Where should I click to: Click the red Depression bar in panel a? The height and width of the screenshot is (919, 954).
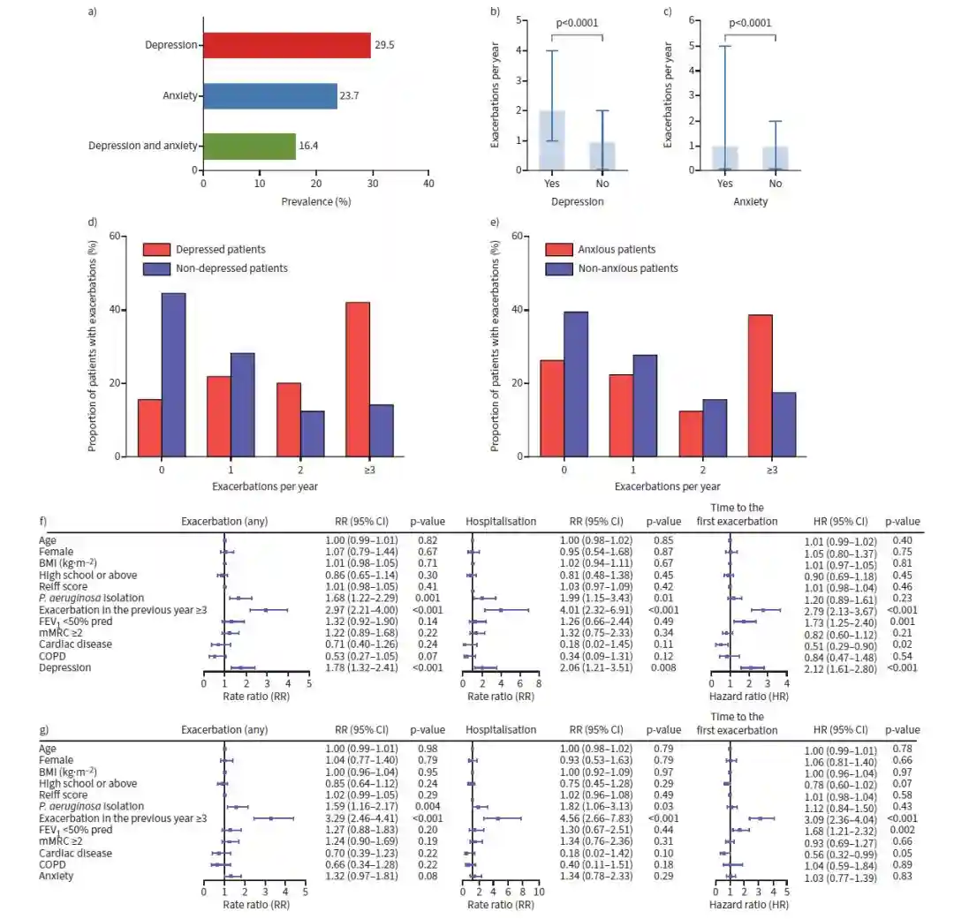click(287, 45)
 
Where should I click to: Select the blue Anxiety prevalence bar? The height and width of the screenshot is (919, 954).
click(270, 96)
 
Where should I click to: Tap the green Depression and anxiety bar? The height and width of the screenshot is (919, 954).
click(250, 147)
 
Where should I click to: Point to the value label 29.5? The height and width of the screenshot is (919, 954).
click(383, 45)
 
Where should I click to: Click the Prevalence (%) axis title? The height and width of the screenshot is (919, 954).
click(316, 201)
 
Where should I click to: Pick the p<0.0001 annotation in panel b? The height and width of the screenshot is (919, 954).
click(577, 24)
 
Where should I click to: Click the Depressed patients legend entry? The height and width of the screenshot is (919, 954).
click(220, 250)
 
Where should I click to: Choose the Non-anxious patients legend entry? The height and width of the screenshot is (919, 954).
click(627, 268)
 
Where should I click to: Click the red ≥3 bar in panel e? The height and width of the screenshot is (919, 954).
click(760, 386)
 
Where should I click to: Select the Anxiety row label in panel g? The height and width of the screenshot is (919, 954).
click(57, 876)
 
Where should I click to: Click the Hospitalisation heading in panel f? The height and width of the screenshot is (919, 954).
click(501, 521)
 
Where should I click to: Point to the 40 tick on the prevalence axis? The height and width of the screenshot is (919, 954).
click(428, 184)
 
